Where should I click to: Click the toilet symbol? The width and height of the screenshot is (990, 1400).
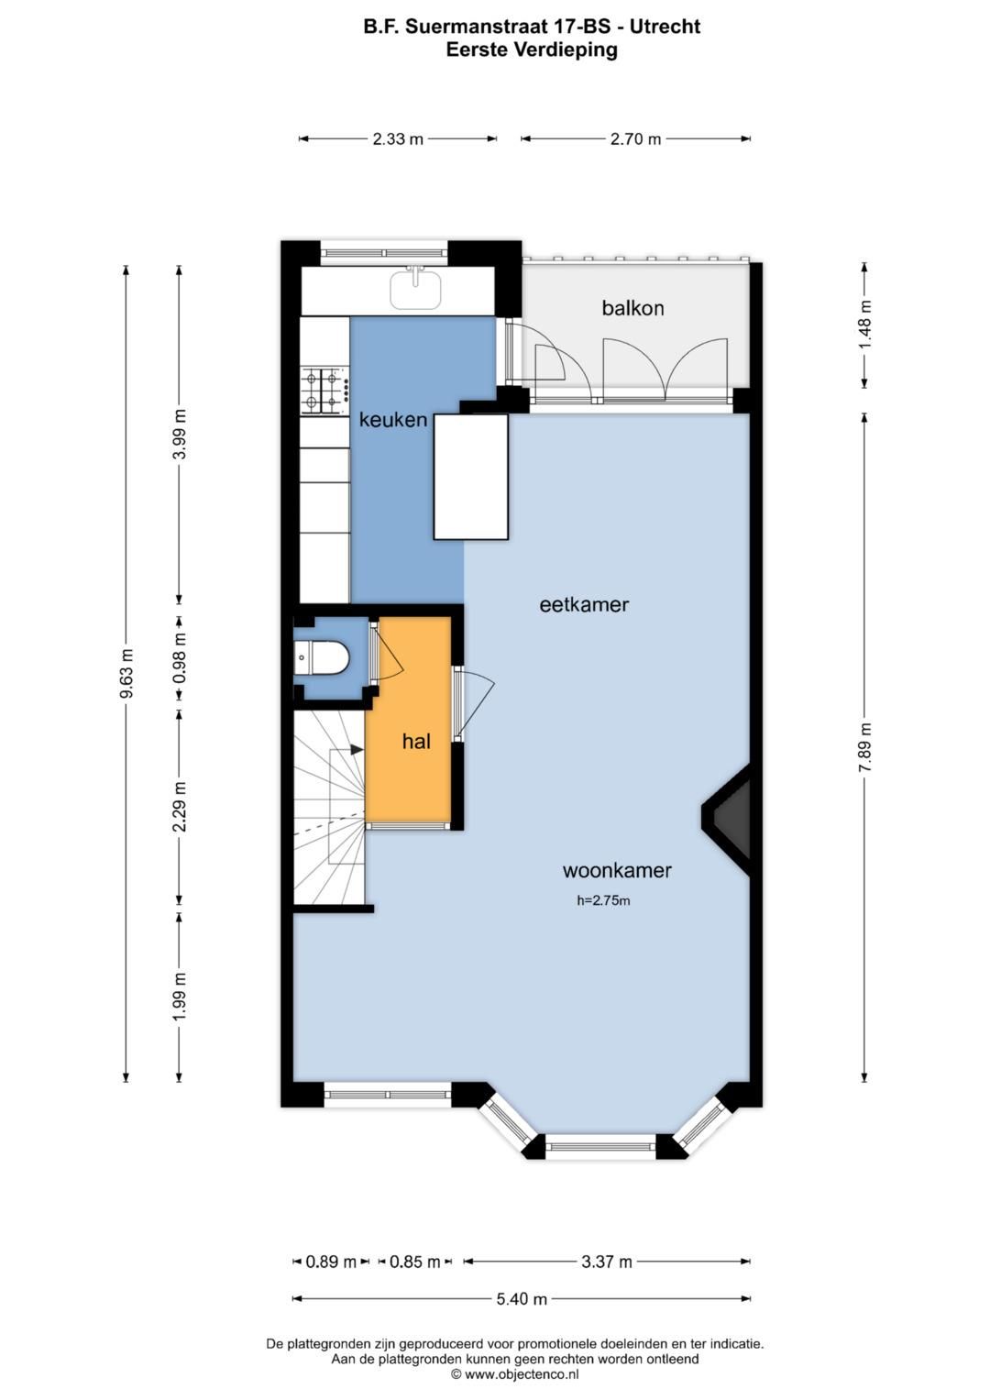[x=322, y=657]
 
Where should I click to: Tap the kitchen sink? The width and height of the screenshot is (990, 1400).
[x=415, y=289]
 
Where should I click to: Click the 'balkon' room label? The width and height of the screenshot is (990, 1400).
[x=632, y=308]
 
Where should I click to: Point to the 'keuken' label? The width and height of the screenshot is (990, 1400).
[x=393, y=420]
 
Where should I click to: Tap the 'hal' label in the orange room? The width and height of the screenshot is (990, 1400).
[x=416, y=742]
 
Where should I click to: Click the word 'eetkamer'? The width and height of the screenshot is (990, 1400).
[x=584, y=605]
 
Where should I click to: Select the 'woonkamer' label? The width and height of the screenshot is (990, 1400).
[x=617, y=871]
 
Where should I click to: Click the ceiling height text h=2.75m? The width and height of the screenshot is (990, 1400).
[x=603, y=900]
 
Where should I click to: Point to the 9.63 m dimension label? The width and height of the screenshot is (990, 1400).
[x=126, y=674]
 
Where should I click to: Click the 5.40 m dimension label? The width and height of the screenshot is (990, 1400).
[x=522, y=1299]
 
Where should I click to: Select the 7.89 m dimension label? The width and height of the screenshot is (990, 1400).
[x=864, y=747]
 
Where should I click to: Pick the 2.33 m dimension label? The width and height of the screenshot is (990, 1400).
[x=398, y=139]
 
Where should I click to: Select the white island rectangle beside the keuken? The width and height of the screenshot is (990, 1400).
[x=470, y=477]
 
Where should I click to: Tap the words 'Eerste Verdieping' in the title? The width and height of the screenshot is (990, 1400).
[x=532, y=50]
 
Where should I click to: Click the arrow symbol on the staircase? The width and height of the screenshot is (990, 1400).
[x=356, y=750]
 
